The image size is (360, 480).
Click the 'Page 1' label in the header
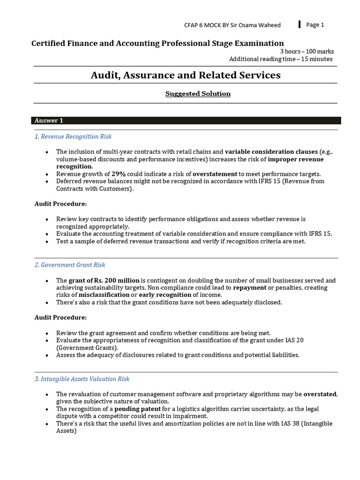pos(315,25)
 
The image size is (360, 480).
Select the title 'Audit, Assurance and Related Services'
pos(186,75)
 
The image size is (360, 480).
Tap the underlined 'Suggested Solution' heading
pos(198,94)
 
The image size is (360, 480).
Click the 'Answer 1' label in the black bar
pos(49,120)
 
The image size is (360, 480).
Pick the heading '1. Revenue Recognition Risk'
pos(73,136)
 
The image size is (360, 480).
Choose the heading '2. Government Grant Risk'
pos(70,265)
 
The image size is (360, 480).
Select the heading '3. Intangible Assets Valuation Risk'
pos(82,379)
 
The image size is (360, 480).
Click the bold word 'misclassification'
pos(104,295)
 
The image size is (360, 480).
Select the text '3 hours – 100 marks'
pos(307,52)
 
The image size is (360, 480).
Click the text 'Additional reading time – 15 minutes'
pos(281,59)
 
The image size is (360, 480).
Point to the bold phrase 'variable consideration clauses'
pos(271,152)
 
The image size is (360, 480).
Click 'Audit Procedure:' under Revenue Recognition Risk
pos(60,204)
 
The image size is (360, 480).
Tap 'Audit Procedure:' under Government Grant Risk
pos(60,318)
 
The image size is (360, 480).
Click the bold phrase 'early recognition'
pos(165,295)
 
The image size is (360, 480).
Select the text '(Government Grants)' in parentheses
pos(86,348)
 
